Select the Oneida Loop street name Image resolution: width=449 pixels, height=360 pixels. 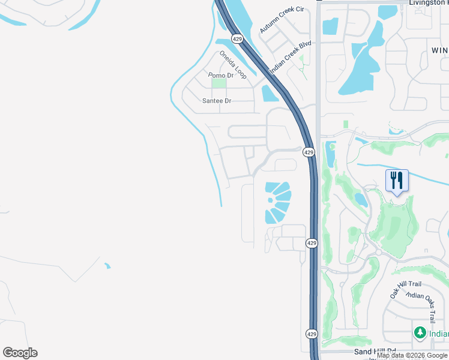pos(233,64)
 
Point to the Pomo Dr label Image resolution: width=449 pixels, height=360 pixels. pos(220,75)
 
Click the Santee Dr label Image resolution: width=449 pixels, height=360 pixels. pos(217,101)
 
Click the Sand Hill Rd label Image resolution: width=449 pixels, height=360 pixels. pos(375,351)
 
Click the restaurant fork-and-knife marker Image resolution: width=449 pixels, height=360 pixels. pos(397,179)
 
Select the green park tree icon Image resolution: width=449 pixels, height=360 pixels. pos(420,332)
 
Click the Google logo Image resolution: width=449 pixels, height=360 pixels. pos(20,353)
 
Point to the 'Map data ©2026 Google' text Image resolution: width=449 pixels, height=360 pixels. pos(412,356)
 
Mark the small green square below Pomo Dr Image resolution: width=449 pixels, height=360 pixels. pos(218,83)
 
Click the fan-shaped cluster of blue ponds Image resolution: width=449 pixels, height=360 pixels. pos(278,203)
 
